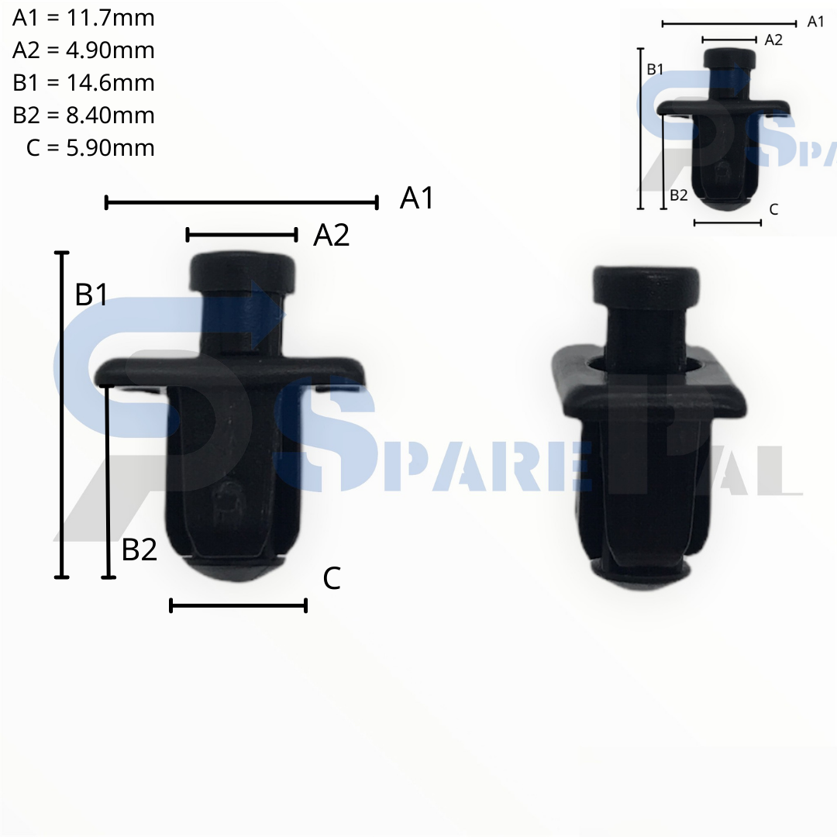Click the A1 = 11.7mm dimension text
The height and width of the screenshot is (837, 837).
83,18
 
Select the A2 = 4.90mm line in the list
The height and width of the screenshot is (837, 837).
83,50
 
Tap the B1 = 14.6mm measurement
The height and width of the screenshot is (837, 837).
83,83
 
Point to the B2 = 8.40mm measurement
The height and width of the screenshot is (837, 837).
83,115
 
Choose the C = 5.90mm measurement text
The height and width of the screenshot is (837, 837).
90,148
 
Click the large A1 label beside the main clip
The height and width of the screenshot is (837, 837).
417,198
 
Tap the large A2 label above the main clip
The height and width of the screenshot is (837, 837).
332,235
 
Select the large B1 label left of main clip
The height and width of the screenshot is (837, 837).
91,294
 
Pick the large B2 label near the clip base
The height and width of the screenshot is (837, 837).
139,549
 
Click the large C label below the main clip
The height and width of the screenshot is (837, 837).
332,578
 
